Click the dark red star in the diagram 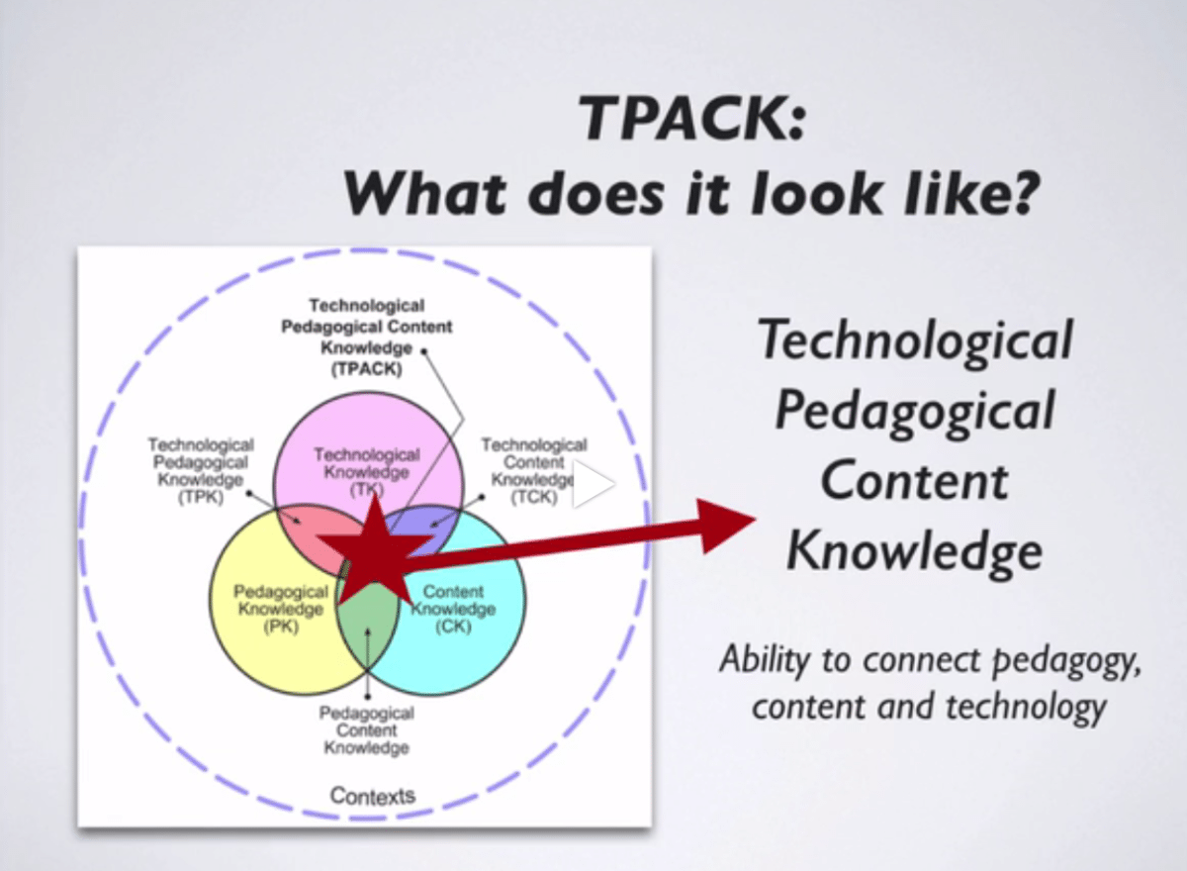point(374,550)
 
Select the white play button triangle point(593,485)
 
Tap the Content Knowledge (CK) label point(453,609)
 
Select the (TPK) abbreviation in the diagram point(201,498)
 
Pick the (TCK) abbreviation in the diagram point(534,498)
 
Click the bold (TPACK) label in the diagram point(366,369)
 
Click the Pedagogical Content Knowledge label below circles point(366,730)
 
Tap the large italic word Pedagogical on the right point(912,412)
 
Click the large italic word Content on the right point(914,482)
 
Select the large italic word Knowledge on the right point(914,552)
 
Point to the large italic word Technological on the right point(914,341)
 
